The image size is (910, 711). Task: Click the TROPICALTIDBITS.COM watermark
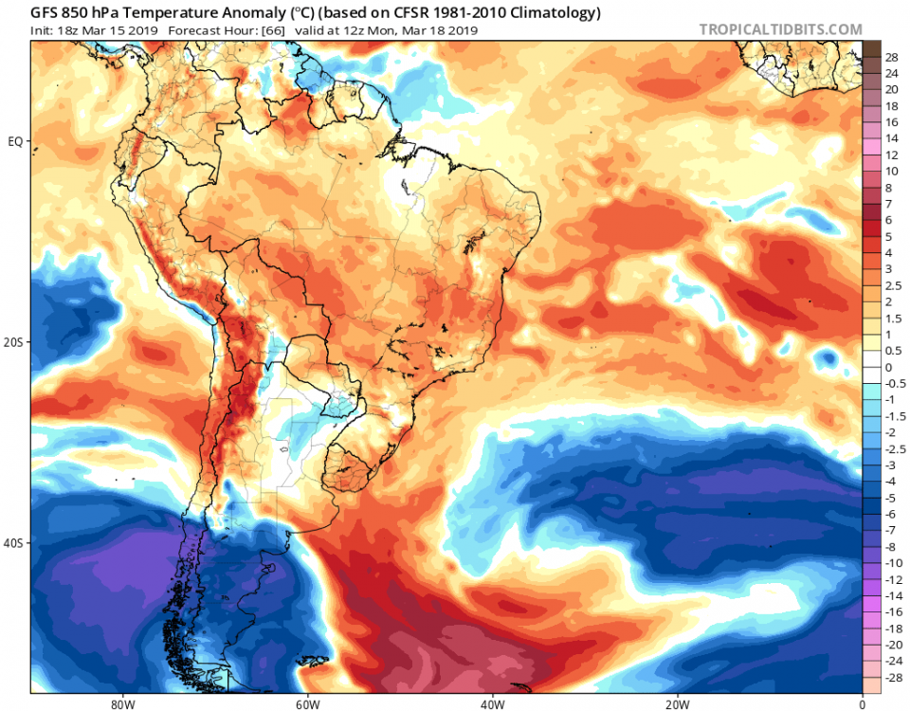780,29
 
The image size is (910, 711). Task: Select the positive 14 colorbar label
891,138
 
